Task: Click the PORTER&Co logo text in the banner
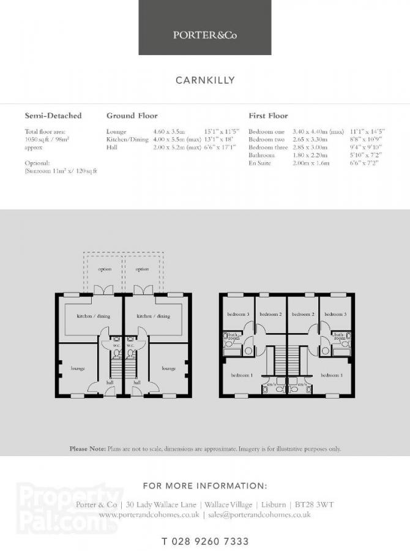click(x=204, y=35)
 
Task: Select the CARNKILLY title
click(x=205, y=80)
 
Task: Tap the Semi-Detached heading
click(x=53, y=116)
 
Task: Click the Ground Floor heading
click(x=132, y=116)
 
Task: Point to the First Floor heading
click(x=268, y=116)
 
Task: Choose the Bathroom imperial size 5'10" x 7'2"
click(x=365, y=156)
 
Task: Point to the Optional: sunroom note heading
click(x=37, y=163)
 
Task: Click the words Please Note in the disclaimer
click(x=88, y=449)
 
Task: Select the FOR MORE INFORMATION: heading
click(x=205, y=486)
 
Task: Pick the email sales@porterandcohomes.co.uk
click(x=259, y=515)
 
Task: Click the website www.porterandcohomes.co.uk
click(x=149, y=515)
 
